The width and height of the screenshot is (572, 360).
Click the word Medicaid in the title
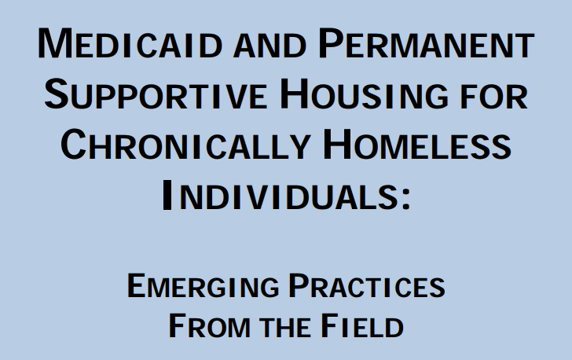pos(130,43)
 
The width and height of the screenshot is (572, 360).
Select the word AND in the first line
pos(269,46)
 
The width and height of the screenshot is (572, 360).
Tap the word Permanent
pos(426,43)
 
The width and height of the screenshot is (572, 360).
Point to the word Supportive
pos(156,94)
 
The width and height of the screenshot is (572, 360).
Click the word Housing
pos(364,94)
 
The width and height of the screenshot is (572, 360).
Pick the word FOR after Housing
pos(494,97)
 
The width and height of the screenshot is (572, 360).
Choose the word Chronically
pos(185,145)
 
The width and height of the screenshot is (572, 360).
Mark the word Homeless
pos(417,145)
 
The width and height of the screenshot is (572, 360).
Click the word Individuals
pos(280,195)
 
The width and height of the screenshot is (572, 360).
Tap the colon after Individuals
pos(406,200)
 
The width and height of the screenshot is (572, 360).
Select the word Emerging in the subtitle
pos(203,286)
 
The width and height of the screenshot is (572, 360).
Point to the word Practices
pos(367,286)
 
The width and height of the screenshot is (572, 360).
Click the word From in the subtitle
pos(209,325)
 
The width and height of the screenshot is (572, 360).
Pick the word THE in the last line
pos(285,328)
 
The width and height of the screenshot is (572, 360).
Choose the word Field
pos(362,325)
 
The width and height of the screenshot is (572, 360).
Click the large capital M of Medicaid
pos(56,43)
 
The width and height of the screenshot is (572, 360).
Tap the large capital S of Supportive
pos(57,94)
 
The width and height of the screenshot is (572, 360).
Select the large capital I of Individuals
pos(167,195)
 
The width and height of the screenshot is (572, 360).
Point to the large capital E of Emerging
pos(137,286)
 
